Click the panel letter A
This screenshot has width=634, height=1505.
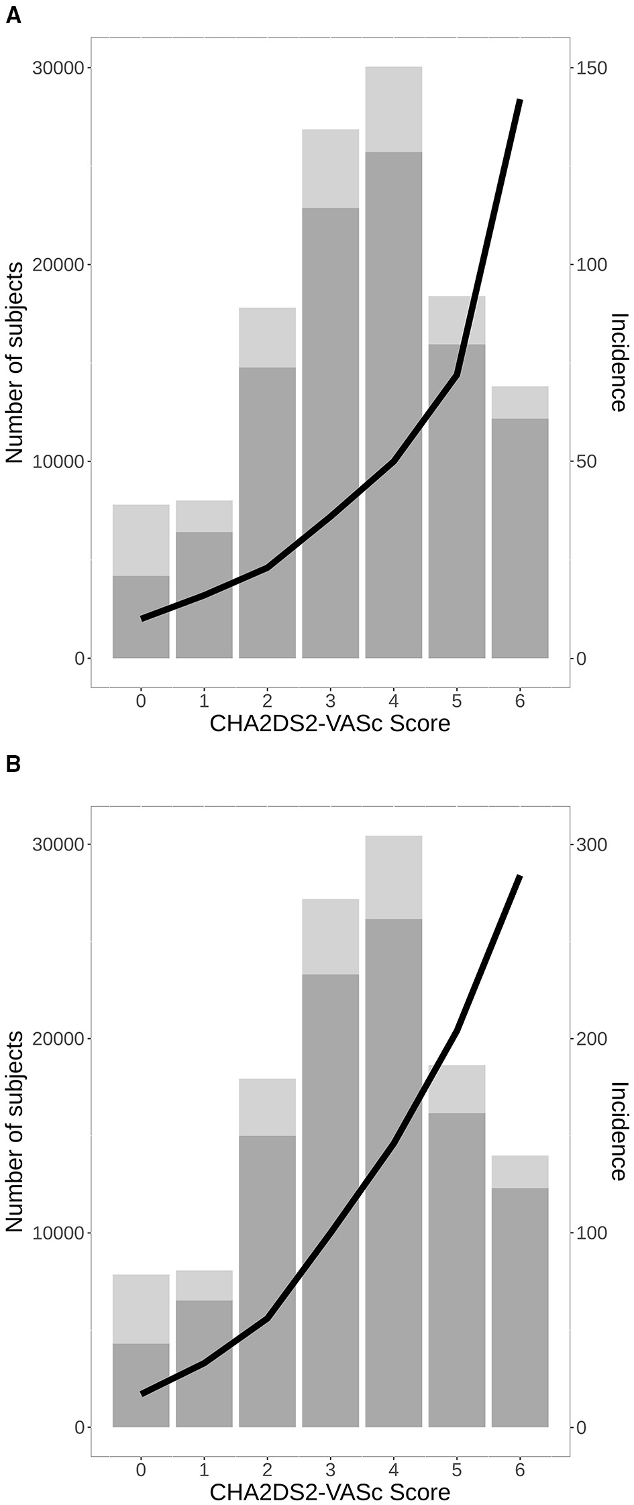click(13, 15)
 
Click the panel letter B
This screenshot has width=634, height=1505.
click(13, 764)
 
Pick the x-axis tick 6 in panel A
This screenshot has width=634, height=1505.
click(519, 702)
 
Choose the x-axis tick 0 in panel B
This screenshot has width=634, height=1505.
click(141, 1470)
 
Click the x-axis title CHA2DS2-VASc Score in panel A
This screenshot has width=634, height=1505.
click(330, 724)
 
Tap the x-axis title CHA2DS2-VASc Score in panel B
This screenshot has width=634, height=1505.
click(330, 1492)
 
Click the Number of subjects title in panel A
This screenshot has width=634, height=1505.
click(15, 362)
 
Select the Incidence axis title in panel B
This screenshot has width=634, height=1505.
click(619, 1130)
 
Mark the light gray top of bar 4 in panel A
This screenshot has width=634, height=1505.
click(394, 109)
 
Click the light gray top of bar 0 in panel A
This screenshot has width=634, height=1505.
click(141, 540)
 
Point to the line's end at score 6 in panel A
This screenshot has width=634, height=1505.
click(520, 101)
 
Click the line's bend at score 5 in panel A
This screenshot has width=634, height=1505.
click(457, 374)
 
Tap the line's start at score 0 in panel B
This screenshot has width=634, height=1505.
click(142, 1394)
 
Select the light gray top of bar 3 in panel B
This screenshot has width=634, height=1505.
click(330, 936)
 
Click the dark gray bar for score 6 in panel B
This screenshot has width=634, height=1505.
click(520, 1308)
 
